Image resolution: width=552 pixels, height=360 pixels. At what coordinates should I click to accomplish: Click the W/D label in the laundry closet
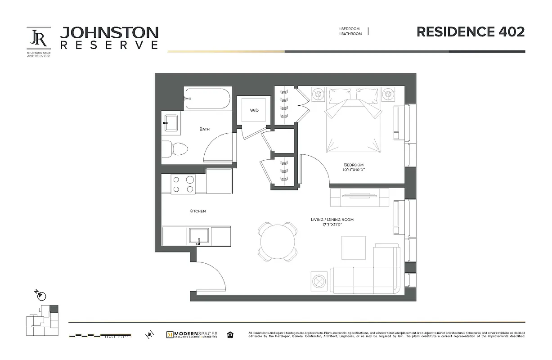(x=254, y=110)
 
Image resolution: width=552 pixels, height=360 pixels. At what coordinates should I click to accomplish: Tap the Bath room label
(x=205, y=129)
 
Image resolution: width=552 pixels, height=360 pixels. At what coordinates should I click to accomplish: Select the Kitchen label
(x=197, y=211)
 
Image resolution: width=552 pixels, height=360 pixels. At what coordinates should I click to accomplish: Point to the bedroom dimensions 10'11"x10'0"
(x=353, y=170)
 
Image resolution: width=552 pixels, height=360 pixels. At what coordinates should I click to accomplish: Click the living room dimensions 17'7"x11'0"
(x=332, y=225)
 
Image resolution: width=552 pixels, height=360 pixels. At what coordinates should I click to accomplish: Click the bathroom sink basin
(x=171, y=122)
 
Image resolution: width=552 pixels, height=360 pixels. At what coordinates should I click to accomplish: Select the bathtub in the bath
(x=207, y=99)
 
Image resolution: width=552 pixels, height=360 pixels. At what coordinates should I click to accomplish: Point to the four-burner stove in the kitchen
(x=184, y=184)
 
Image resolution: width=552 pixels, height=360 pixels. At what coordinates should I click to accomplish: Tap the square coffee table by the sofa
(x=353, y=248)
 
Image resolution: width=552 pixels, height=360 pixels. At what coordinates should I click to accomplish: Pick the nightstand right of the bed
(x=388, y=94)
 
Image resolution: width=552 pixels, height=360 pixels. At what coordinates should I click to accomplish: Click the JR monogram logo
(x=39, y=39)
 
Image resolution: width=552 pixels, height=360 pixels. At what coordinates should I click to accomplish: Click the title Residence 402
(x=470, y=32)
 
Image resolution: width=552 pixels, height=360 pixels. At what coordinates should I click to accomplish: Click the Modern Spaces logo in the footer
(x=192, y=335)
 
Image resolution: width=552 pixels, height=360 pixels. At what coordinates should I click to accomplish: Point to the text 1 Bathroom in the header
(x=350, y=34)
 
